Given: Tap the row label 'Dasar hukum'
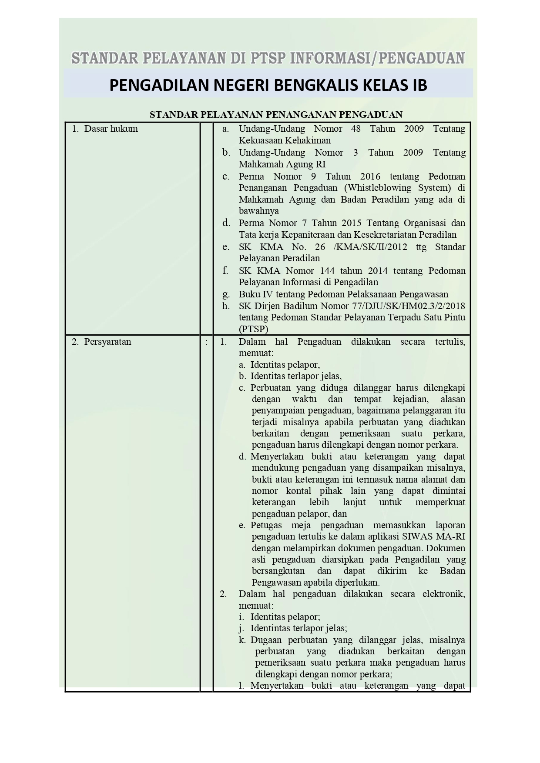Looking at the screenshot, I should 111,129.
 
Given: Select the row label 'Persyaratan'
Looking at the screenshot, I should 107,342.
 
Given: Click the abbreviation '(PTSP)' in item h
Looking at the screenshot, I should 253,329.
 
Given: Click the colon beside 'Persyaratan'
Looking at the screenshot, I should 206,342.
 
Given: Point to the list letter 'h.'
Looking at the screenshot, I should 225,306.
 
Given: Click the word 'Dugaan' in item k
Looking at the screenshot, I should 266,640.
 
